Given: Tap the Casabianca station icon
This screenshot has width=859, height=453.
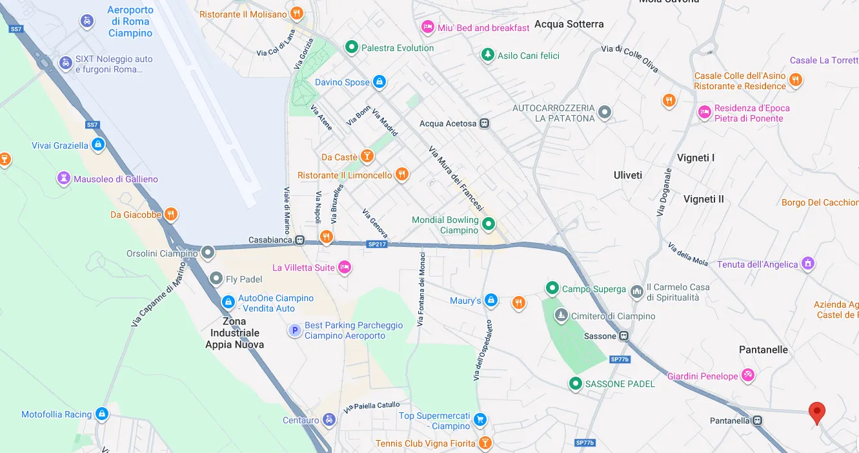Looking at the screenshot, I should pos(299,240).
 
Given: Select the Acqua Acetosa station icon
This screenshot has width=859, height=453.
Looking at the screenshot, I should pos(485,123).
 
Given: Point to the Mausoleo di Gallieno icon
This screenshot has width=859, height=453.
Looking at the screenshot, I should pos(63,179).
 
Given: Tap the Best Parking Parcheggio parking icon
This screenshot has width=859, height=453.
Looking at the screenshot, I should pos(294,330).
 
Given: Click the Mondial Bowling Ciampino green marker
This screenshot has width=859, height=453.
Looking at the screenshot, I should pos(489,224).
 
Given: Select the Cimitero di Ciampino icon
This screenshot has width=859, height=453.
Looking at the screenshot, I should pos(561,316).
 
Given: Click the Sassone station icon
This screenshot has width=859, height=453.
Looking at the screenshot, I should pos(624,336).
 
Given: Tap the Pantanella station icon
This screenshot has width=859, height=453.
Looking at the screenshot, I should pos(757,421).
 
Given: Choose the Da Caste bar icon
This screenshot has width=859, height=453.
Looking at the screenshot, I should pos(367,156).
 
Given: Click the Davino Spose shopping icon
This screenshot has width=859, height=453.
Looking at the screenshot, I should pos(379,82).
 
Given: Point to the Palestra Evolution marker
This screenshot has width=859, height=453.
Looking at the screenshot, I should pos(351,47).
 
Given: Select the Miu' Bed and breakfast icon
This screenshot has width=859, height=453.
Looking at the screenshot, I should pos(427,27).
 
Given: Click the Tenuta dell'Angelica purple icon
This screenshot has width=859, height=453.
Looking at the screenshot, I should pos(807,264).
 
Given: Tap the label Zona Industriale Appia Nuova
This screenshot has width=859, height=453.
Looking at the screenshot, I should pos(234,333).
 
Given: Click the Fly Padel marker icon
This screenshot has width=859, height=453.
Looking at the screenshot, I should pos(216,279).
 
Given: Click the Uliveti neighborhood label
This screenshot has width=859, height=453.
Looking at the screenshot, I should pos(628,175).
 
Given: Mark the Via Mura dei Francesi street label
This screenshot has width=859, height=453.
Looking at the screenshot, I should pos(456,179).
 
